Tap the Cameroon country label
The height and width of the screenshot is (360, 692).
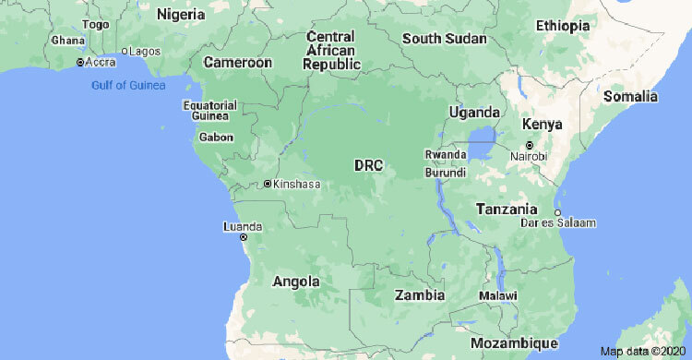pyautogui.click(x=238, y=63)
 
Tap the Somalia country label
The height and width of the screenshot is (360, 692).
pyautogui.click(x=630, y=96)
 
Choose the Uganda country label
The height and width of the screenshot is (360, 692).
pyautogui.click(x=473, y=112)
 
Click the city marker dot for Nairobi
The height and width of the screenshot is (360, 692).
pyautogui.click(x=529, y=145)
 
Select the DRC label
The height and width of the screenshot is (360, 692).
pyautogui.click(x=368, y=165)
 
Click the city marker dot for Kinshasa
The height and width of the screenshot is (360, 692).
pyautogui.click(x=268, y=184)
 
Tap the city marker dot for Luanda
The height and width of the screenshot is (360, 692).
pyautogui.click(x=244, y=237)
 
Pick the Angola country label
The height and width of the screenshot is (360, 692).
pyautogui.click(x=296, y=282)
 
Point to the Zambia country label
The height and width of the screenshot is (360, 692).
pyautogui.click(x=419, y=295)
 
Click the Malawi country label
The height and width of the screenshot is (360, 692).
pyautogui.click(x=497, y=295)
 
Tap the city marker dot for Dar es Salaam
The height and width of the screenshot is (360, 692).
pyautogui.click(x=558, y=211)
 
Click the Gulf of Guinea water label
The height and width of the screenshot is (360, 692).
pyautogui.click(x=128, y=86)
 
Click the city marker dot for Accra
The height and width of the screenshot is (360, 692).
pyautogui.click(x=80, y=62)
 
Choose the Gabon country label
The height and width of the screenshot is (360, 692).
pyautogui.click(x=216, y=138)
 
